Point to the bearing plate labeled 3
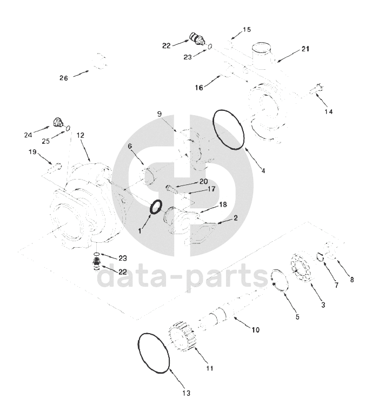[300, 268]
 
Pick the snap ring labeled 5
[272, 279]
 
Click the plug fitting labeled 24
[58, 122]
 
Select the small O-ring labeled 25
[68, 128]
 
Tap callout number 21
[306, 49]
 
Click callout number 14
[329, 111]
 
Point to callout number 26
[64, 78]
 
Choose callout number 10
[255, 330]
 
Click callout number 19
[32, 152]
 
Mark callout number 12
[81, 135]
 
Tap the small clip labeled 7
[320, 257]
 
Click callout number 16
[199, 88]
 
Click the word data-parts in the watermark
[182, 276]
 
